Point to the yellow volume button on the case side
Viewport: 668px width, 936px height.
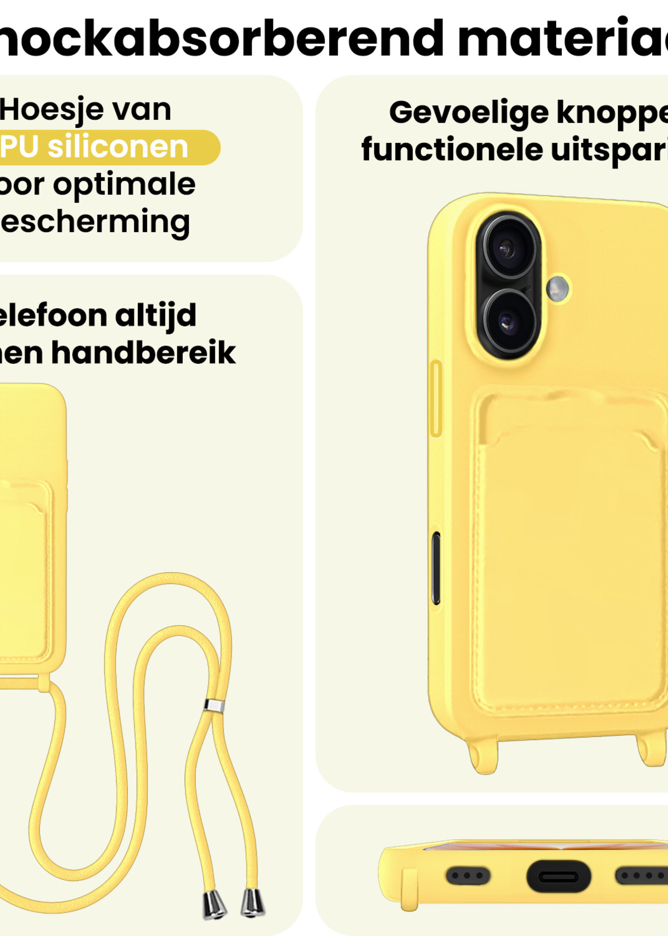pyautogui.click(x=435, y=399)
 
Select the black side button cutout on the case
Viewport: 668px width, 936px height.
pyautogui.click(x=436, y=568)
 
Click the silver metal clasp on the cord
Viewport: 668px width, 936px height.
pyautogui.click(x=214, y=705)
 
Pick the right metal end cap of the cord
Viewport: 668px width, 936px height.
pyautogui.click(x=252, y=902)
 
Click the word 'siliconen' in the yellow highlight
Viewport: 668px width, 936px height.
pyautogui.click(x=118, y=147)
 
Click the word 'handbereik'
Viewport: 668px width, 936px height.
pyautogui.click(x=144, y=353)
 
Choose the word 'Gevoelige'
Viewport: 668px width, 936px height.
pyautogui.click(x=469, y=113)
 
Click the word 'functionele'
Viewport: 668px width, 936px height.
pyautogui.click(x=452, y=150)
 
